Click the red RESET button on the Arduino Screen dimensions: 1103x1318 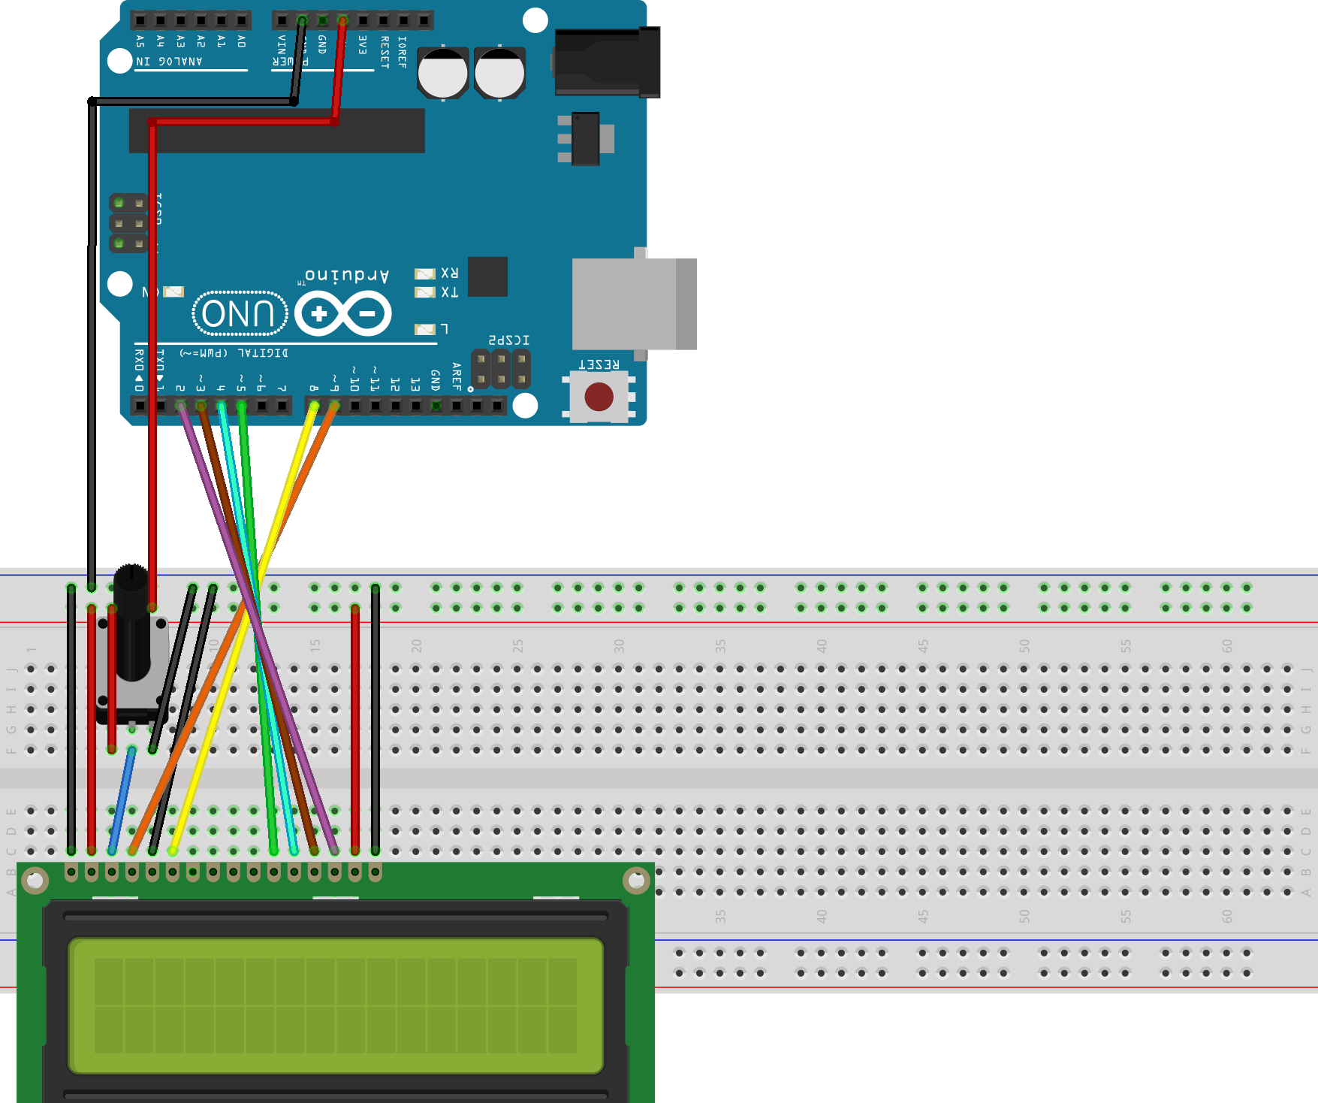point(599,397)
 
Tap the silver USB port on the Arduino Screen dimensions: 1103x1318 point(633,304)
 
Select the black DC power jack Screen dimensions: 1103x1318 point(607,63)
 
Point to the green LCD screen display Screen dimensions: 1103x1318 point(335,1005)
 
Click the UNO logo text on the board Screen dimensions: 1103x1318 point(240,313)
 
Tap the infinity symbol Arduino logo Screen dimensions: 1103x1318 point(343,313)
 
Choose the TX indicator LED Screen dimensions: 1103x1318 point(425,292)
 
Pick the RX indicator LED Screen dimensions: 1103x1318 point(425,273)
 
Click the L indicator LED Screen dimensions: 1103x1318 point(425,329)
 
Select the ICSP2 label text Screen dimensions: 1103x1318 point(509,340)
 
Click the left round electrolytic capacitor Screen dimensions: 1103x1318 point(443,74)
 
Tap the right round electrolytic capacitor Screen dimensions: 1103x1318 point(499,74)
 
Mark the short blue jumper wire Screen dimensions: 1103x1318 point(122,800)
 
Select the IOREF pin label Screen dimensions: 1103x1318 point(403,52)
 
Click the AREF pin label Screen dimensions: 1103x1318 point(456,376)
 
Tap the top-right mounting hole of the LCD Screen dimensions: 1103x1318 point(636,880)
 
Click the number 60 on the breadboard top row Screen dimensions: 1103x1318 point(1226,645)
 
